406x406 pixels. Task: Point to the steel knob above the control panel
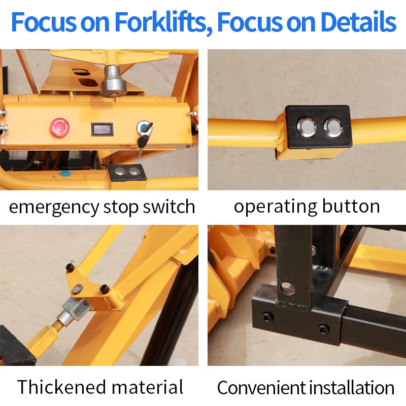(113, 81)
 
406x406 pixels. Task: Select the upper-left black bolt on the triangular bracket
(70, 267)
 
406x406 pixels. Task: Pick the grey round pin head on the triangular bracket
(77, 289)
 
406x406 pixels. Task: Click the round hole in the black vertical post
(287, 289)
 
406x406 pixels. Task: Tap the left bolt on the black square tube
(267, 317)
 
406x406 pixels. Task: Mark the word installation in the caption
(350, 388)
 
